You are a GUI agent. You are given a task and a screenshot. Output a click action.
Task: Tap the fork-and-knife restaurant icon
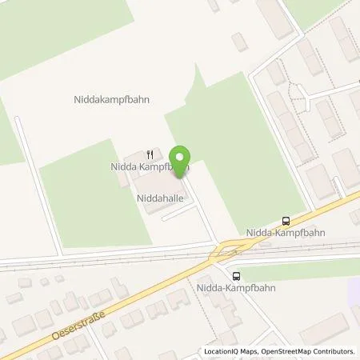coord(150,154)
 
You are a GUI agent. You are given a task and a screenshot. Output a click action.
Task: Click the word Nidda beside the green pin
coord(122,167)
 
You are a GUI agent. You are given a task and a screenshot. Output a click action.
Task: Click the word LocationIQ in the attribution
coord(223,351)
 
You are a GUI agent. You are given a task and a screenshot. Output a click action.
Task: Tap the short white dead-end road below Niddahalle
coord(178,214)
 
